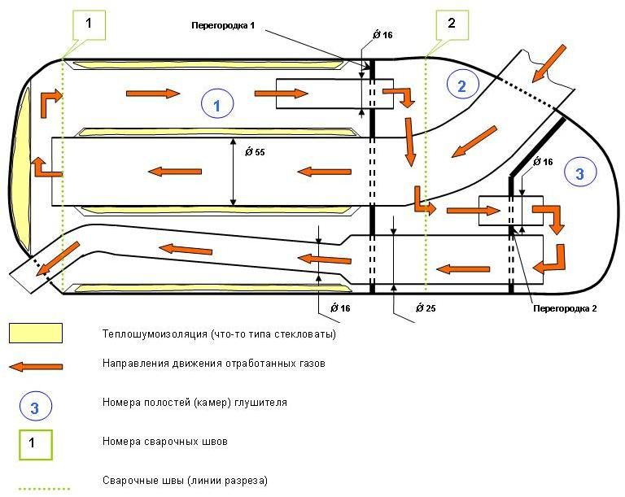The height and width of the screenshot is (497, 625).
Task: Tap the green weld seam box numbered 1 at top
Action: click(89, 24)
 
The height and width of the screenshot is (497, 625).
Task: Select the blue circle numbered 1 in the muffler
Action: click(217, 104)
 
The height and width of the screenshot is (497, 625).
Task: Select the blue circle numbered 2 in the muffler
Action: click(461, 85)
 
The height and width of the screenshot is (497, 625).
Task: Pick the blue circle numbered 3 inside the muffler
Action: click(579, 172)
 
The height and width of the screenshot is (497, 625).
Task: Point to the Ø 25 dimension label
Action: click(422, 309)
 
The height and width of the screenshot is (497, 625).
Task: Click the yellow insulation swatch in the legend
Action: click(36, 333)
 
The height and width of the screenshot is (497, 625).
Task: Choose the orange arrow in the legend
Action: click(36, 365)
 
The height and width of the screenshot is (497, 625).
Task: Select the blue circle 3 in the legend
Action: click(35, 408)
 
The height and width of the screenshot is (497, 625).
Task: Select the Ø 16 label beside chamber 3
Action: click(542, 163)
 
